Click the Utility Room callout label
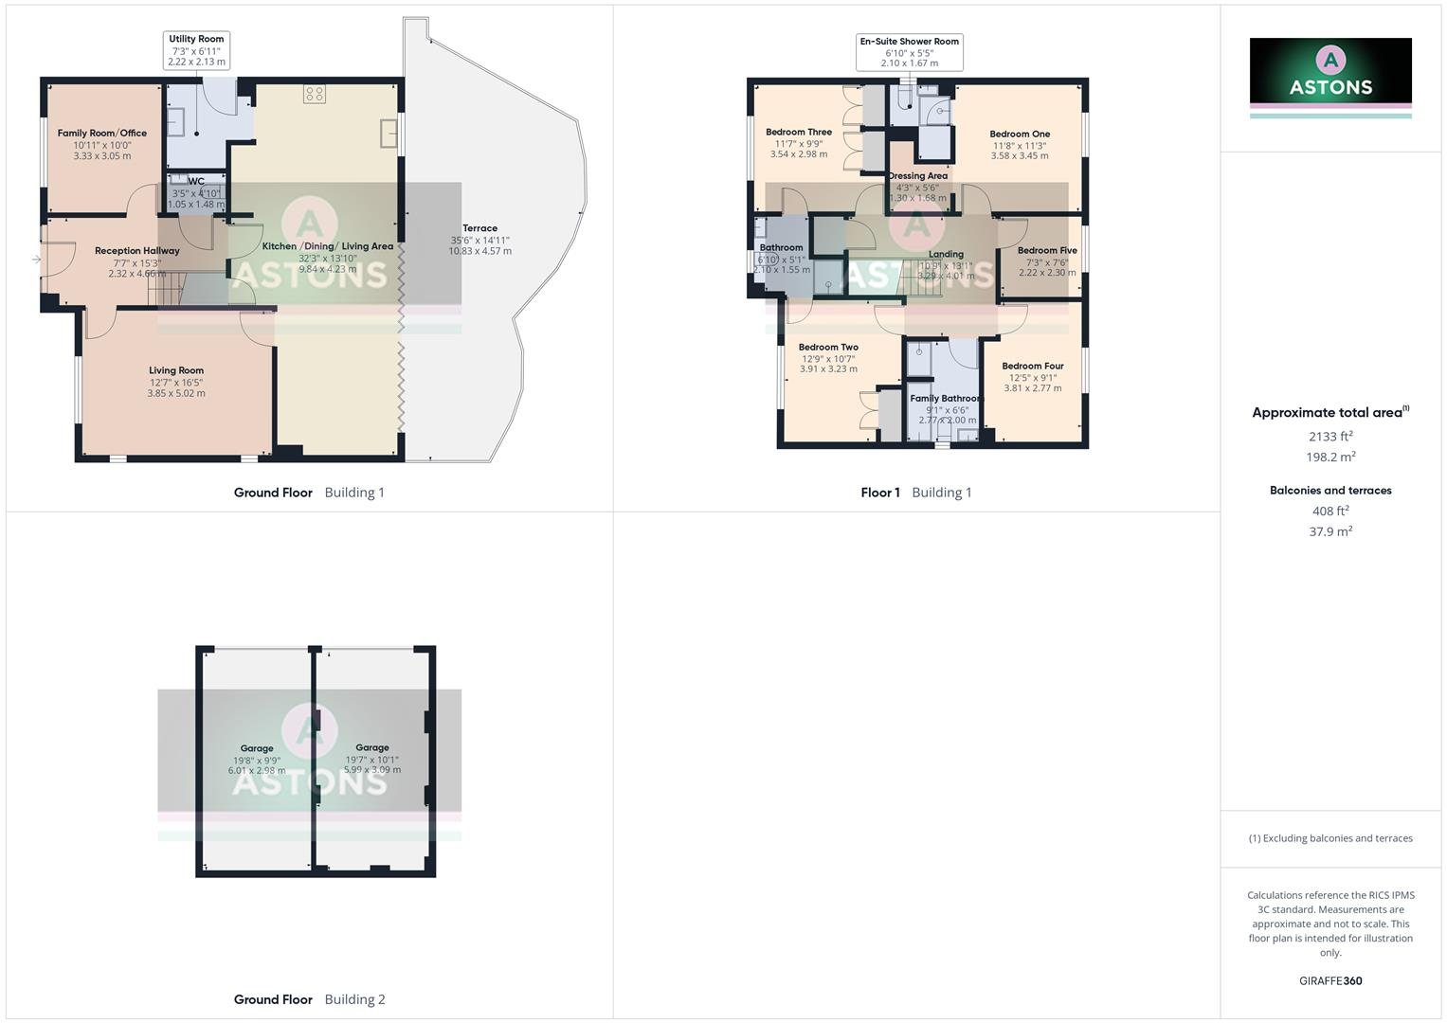pyautogui.click(x=196, y=50)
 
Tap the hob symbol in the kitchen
pyautogui.click(x=315, y=94)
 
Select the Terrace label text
pyautogui.click(x=479, y=228)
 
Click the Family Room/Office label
pyautogui.click(x=102, y=134)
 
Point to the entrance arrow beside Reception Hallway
pyautogui.click(x=36, y=260)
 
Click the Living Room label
pyautogui.click(x=176, y=370)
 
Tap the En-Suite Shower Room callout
pyautogui.click(x=909, y=52)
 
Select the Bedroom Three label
pyautogui.click(x=799, y=133)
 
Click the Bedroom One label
pyautogui.click(x=1020, y=135)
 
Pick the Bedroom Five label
pyautogui.click(x=1047, y=251)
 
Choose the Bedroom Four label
pyautogui.click(x=1033, y=367)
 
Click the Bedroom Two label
pyautogui.click(x=828, y=348)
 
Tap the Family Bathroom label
pyautogui.click(x=946, y=399)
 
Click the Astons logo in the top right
pyautogui.click(x=1330, y=73)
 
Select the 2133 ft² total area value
pyautogui.click(x=1330, y=437)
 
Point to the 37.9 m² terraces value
pyautogui.click(x=1330, y=531)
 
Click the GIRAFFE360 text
pyautogui.click(x=1330, y=981)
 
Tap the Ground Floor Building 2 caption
pyautogui.click(x=309, y=999)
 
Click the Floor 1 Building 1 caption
pyautogui.click(x=915, y=493)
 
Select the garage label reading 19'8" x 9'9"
pyautogui.click(x=257, y=760)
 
